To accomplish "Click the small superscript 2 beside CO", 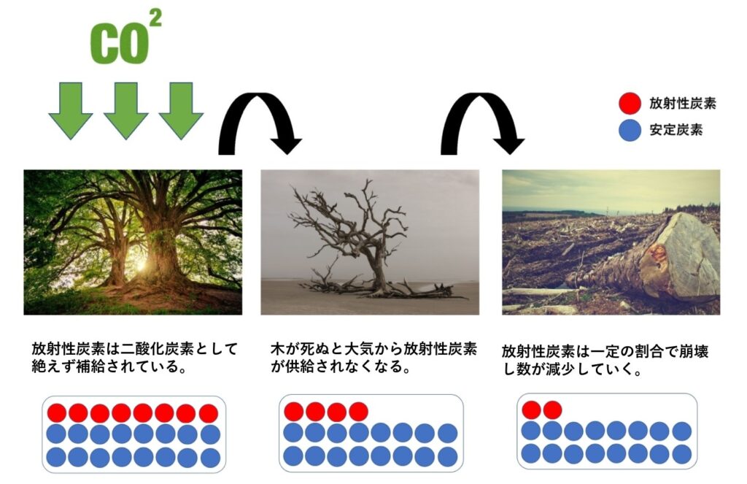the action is [x=155, y=18].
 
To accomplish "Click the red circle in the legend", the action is [x=630, y=104].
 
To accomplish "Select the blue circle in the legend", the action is [x=630, y=130].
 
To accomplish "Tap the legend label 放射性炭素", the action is [x=682, y=103].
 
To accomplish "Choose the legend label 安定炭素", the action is [x=676, y=130].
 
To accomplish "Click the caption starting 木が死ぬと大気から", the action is [x=373, y=358].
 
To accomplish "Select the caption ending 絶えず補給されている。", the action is [x=134, y=358].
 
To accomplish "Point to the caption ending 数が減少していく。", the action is [x=605, y=360].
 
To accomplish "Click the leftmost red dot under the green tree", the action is [x=57, y=413].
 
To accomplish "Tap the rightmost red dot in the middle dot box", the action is [x=358, y=411].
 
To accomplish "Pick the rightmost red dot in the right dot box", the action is [x=553, y=410].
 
